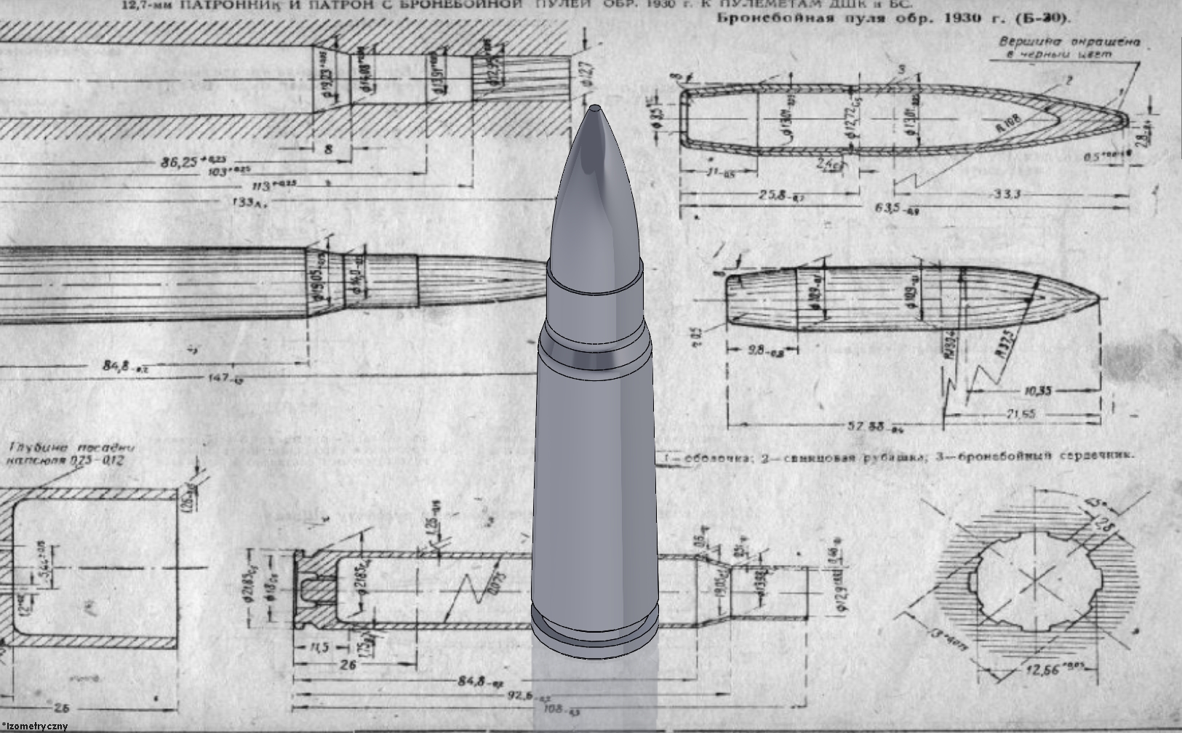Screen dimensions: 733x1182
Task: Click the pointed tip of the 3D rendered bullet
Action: [x=595, y=108]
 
